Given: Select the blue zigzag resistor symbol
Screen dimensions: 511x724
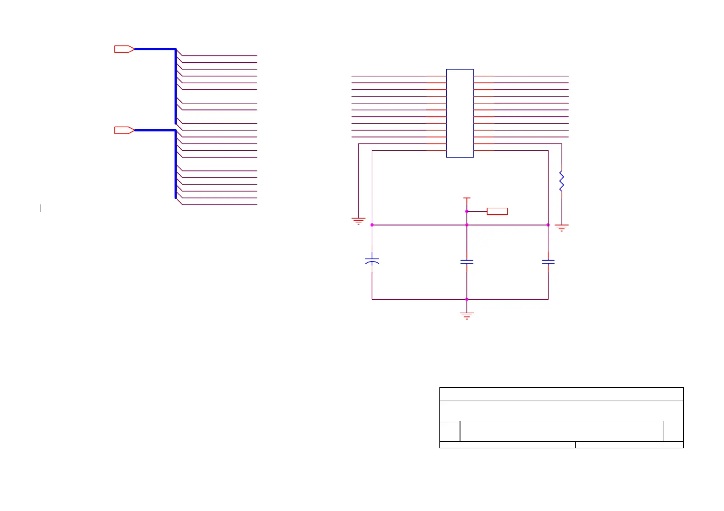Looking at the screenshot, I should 561,181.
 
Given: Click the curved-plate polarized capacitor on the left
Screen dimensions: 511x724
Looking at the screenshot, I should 372,261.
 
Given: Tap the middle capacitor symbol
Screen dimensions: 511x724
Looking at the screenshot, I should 467,261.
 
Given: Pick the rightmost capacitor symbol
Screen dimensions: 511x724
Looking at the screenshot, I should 548,261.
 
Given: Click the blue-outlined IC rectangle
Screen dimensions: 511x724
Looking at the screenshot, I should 460,113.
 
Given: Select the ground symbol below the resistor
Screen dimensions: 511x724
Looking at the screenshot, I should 561,228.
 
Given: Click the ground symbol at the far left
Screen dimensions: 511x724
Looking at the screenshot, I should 359,221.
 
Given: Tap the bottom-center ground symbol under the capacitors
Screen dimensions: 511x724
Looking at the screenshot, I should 467,316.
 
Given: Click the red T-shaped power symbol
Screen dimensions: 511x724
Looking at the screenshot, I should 467,199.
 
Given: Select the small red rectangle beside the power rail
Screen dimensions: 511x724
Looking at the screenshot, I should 497,211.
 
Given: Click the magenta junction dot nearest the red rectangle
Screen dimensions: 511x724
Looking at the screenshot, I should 467,211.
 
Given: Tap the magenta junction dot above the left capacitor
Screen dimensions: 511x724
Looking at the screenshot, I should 372,225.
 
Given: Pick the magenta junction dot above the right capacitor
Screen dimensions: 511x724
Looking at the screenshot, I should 548,225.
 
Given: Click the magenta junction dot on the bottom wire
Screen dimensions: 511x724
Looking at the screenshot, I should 467,299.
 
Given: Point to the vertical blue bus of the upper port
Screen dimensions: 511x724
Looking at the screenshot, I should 176,86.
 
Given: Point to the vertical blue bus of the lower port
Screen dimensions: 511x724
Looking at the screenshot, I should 176,163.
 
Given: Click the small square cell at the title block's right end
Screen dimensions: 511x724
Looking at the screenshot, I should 673,431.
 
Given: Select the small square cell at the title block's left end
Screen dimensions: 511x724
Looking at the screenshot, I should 450,431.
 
